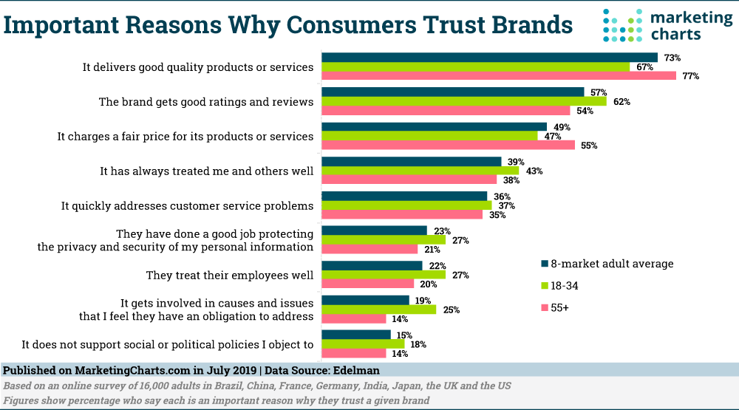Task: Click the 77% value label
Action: pyautogui.click(x=691, y=76)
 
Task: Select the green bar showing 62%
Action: pyautogui.click(x=463, y=101)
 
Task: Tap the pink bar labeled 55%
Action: pyautogui.click(x=448, y=145)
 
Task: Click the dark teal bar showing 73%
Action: pyautogui.click(x=489, y=58)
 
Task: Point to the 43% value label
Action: pyautogui.click(x=534, y=171)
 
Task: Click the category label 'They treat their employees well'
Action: pyautogui.click(x=230, y=275)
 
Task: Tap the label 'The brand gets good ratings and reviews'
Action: pyautogui.click(x=206, y=102)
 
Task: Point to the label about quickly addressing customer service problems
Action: pyautogui.click(x=187, y=206)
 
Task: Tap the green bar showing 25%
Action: pyautogui.click(x=378, y=310)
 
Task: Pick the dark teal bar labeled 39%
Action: pyautogui.click(x=411, y=161)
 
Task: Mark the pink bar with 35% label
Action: pyautogui.click(x=402, y=215)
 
